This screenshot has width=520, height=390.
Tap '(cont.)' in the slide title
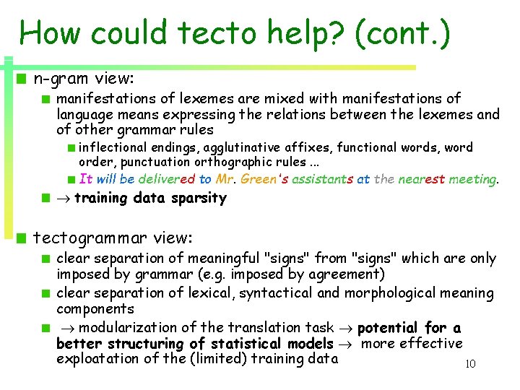pos(401,35)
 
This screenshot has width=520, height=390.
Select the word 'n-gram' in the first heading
pos(58,76)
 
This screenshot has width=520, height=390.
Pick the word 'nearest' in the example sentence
pos(420,179)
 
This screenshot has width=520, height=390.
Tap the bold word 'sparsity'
pos(199,198)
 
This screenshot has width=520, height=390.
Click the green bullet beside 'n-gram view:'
pos(23,77)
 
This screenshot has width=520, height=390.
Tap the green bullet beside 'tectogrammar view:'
pos(23,238)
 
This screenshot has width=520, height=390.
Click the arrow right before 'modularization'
pos(63,328)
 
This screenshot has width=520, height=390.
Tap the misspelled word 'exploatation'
pos(103,359)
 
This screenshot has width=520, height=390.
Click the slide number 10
pos(469,364)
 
